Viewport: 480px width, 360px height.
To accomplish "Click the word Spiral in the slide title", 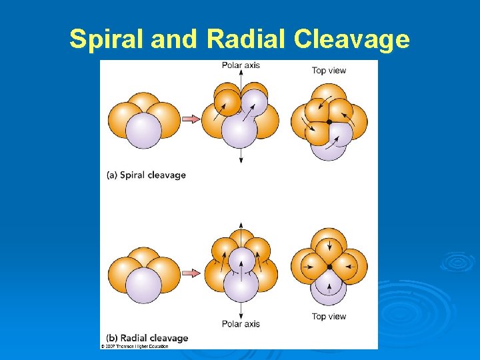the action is pos(107,39).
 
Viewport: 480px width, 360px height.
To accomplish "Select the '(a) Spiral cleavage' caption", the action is pos(146,175).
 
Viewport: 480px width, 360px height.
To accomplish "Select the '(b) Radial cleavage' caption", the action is pos(147,338).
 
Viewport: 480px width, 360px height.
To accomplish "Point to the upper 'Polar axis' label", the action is pos(241,65).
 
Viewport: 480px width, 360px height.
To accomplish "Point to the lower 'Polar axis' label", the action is pos(241,324).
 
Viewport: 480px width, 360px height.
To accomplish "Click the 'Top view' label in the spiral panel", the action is pos(329,71).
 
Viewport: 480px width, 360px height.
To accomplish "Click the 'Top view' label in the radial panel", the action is pos(329,316).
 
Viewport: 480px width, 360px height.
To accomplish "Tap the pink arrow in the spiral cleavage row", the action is pos(191,119).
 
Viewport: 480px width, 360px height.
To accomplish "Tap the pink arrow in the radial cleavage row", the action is pos(191,273).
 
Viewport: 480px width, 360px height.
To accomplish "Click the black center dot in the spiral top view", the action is pos(329,122).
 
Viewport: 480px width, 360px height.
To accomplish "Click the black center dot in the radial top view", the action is pos(329,267).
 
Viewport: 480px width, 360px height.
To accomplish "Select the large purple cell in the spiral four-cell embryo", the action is pos(143,130).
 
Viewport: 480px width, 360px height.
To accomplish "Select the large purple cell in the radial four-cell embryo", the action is pos(143,285).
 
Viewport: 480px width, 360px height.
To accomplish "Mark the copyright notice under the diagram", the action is pos(135,346).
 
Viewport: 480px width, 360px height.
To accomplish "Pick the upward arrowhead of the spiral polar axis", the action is pos(240,72).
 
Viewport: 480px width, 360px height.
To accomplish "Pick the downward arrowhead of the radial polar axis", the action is pos(240,315).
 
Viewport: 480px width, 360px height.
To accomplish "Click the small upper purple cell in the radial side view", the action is pos(241,260).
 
